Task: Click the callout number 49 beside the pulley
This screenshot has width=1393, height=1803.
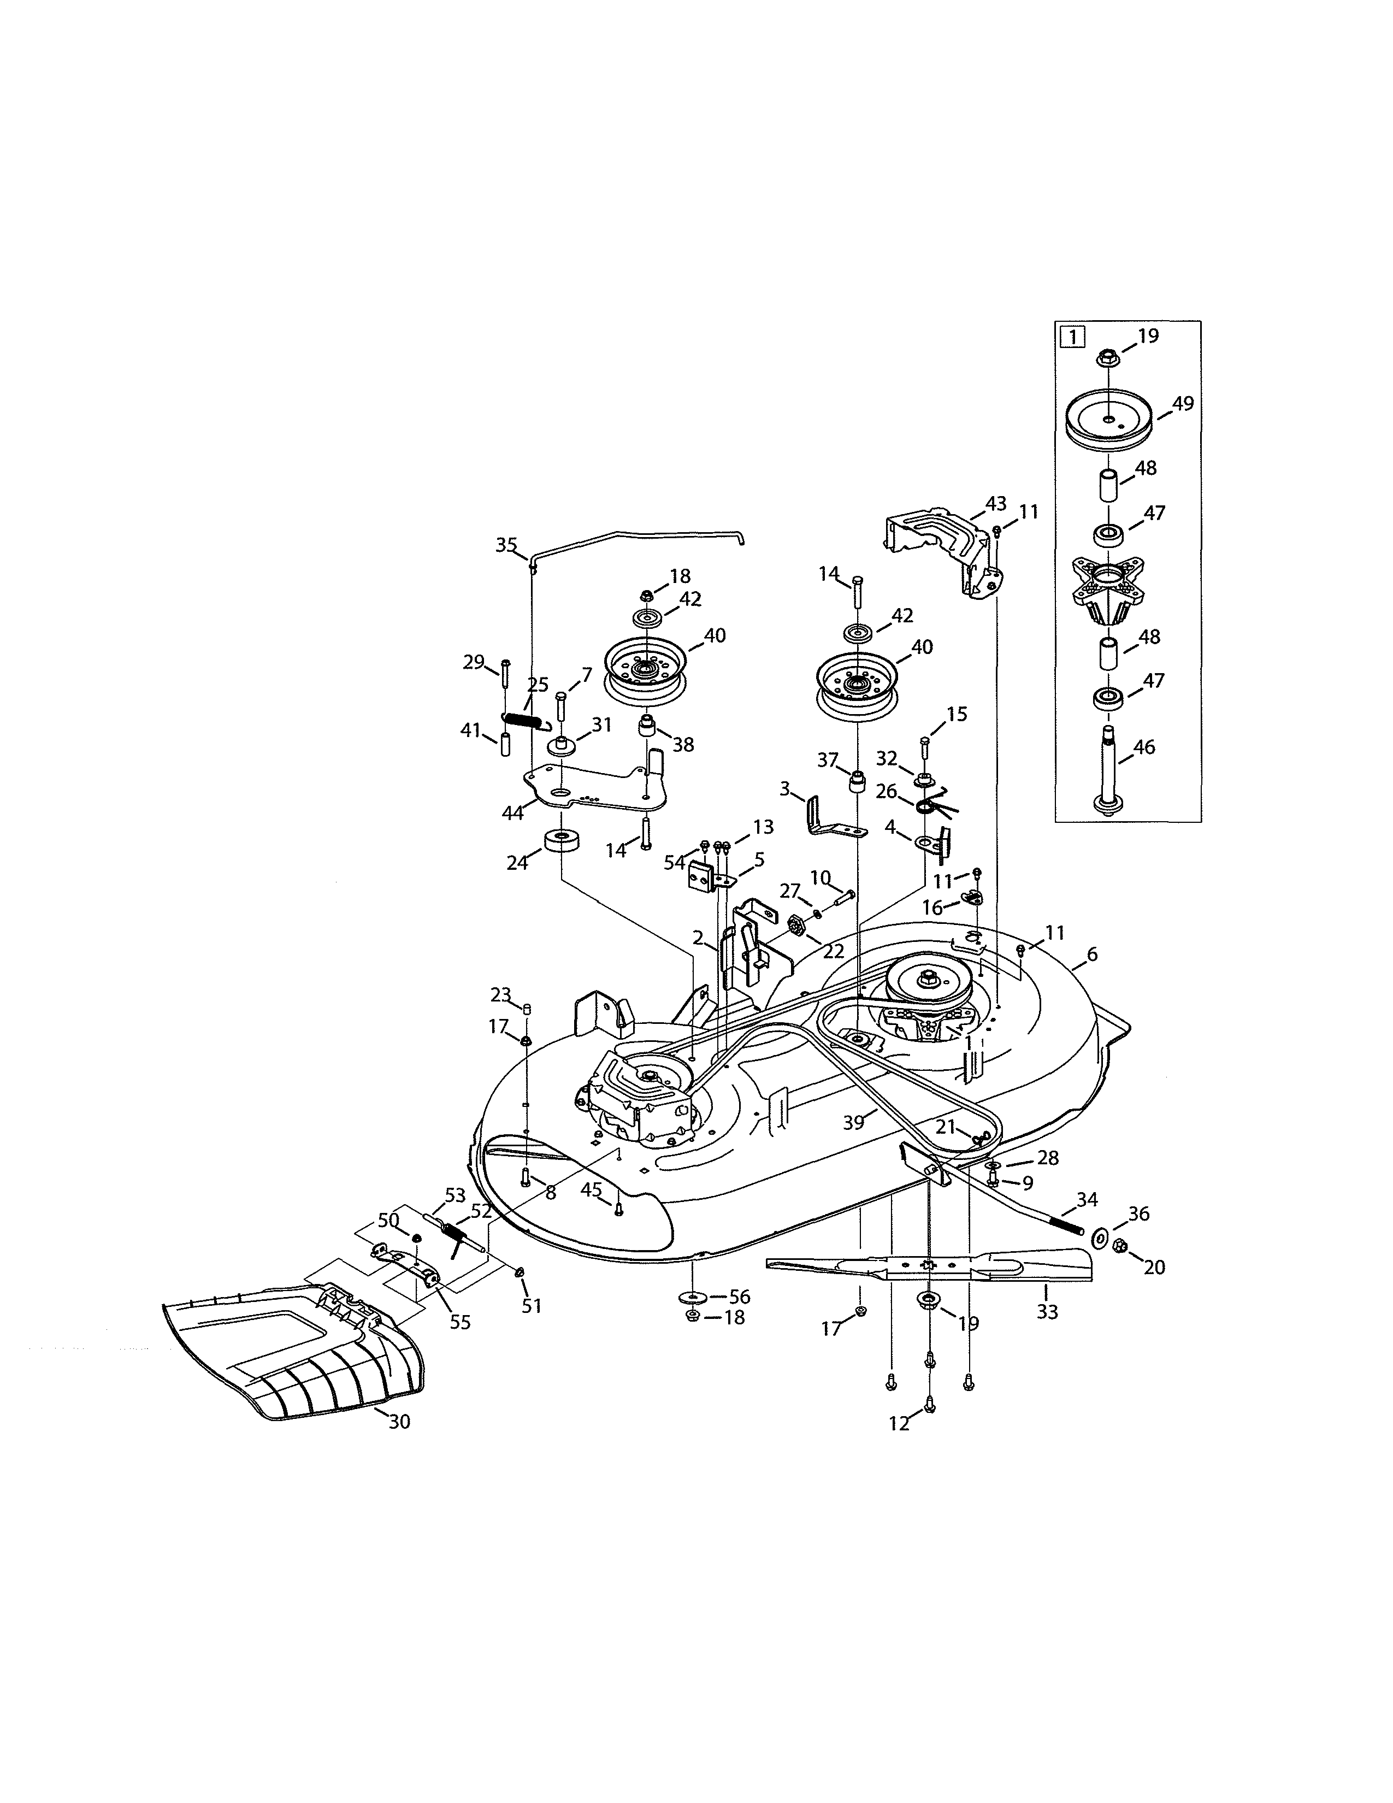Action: point(1183,404)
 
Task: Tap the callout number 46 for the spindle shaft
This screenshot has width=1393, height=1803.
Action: point(1144,747)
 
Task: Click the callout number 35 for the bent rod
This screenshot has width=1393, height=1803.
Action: point(506,545)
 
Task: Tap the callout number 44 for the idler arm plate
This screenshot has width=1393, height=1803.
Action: point(512,812)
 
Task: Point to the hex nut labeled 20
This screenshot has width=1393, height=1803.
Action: point(1120,1246)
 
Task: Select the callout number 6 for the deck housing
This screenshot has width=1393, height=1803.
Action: point(1092,954)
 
